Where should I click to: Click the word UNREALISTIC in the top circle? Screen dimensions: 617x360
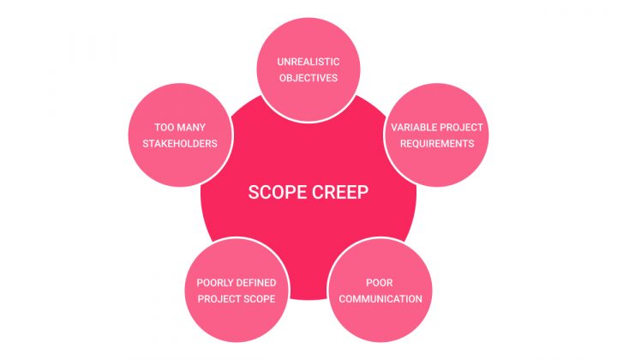[x=308, y=62]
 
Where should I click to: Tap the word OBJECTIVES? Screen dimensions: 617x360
[x=308, y=78]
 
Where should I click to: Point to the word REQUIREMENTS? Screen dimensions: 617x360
[x=437, y=144]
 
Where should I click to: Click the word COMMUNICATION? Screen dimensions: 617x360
[x=380, y=299]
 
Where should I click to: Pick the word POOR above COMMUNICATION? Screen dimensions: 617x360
[x=380, y=283]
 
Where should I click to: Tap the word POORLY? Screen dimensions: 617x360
[x=215, y=283]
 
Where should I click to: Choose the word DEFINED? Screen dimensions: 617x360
[x=256, y=283]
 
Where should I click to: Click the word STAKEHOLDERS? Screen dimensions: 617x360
[x=180, y=144]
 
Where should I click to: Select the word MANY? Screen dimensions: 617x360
[x=191, y=128]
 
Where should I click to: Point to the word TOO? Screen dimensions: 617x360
[x=164, y=128]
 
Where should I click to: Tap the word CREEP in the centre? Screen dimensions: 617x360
[x=340, y=192]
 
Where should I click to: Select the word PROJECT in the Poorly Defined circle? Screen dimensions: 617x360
[x=218, y=299]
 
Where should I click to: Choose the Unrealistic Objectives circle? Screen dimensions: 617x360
[x=308, y=70]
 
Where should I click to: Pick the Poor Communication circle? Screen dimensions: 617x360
[x=380, y=291]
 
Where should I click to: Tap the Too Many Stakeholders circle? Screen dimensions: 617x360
[x=180, y=135]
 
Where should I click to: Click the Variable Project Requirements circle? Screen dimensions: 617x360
[x=437, y=135]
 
